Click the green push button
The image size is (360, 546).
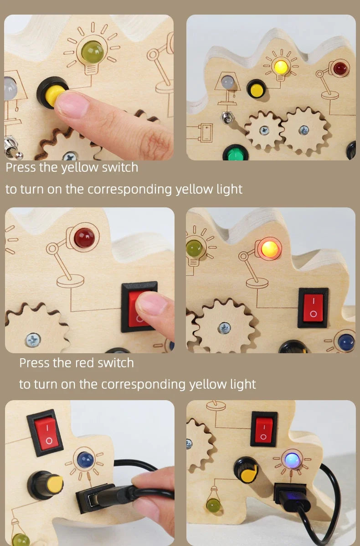[235, 153]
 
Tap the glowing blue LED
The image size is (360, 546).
[292, 460]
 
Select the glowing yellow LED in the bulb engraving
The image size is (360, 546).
[281, 66]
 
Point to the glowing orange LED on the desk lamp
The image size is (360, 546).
[270, 249]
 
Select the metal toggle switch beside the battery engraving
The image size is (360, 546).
[227, 117]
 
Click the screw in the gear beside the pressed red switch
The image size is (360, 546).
[33, 340]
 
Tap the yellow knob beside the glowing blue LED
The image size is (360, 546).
[247, 471]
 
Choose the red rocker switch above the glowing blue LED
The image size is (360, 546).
[264, 429]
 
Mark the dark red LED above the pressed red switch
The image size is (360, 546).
[84, 238]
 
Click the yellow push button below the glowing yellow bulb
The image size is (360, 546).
[256, 90]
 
